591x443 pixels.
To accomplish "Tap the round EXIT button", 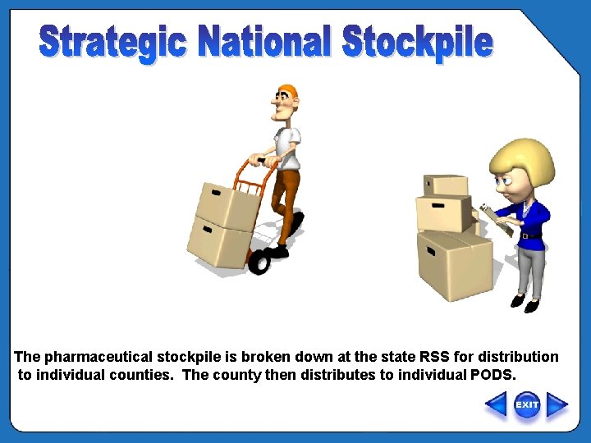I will click(x=527, y=404).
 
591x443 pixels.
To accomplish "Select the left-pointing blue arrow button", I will click(x=496, y=405).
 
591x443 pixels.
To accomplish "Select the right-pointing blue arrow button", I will click(x=557, y=405).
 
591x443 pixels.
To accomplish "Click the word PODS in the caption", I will click(x=494, y=376).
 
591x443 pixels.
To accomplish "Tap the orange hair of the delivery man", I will click(x=287, y=89).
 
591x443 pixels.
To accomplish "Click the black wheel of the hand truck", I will click(x=259, y=262).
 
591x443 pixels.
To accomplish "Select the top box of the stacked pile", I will click(x=445, y=185).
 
